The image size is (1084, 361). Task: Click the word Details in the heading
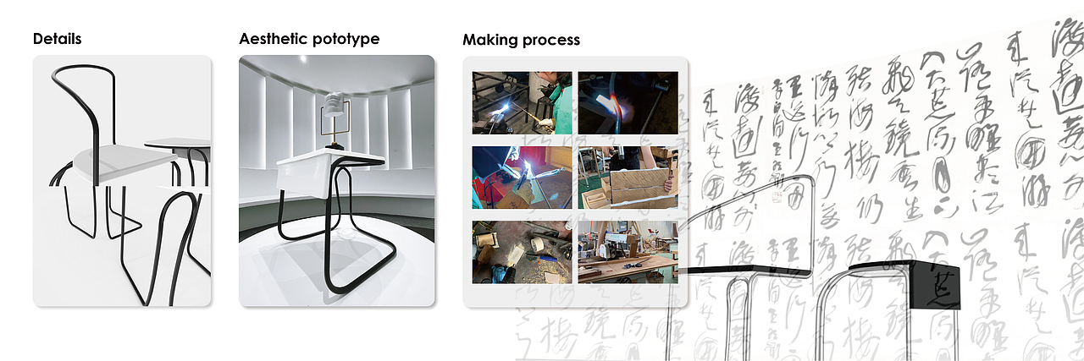pyautogui.click(x=58, y=39)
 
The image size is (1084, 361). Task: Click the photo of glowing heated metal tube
pyautogui.click(x=628, y=102)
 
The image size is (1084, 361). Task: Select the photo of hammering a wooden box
pyautogui.click(x=628, y=177)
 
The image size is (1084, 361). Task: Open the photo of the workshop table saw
pyautogui.click(x=628, y=252)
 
